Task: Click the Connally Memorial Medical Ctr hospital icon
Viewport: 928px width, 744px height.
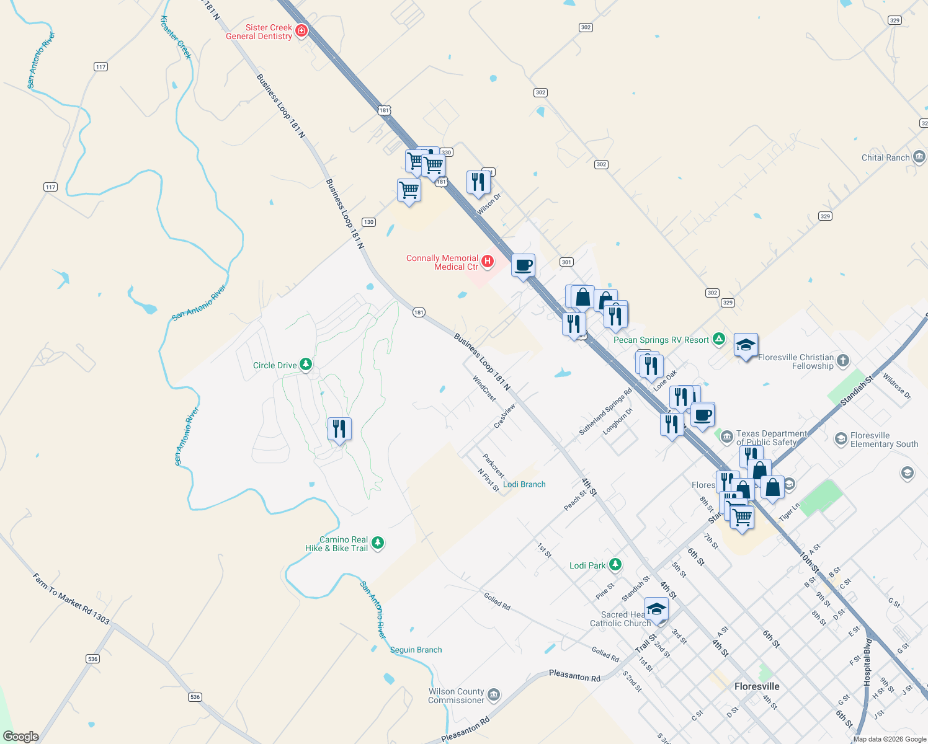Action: [x=488, y=262]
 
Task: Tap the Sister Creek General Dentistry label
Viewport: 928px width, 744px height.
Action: [x=259, y=32]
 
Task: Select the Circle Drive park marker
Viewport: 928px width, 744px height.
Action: [x=306, y=365]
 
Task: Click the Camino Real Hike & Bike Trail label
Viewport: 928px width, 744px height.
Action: [x=337, y=544]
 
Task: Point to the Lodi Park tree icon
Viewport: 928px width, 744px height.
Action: [x=615, y=565]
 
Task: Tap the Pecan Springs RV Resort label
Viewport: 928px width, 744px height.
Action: [x=661, y=340]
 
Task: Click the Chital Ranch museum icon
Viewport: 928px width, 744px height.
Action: [x=919, y=157]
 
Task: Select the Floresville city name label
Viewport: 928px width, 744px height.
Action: [x=757, y=686]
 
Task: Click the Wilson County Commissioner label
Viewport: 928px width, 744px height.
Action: [x=456, y=696]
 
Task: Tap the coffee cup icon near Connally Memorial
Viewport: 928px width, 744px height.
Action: [x=523, y=266]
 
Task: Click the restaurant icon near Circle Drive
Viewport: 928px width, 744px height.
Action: [x=339, y=428]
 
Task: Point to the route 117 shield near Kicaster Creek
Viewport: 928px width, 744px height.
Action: [x=100, y=66]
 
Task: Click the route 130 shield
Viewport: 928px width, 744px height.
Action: [x=368, y=222]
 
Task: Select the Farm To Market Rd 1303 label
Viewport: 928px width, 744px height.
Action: [x=71, y=599]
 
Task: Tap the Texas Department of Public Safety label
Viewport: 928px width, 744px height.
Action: [x=771, y=438]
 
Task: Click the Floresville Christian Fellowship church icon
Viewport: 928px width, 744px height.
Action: [x=842, y=360]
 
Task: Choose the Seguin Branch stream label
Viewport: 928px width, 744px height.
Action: [x=416, y=650]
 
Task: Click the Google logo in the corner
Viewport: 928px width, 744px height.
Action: [x=21, y=736]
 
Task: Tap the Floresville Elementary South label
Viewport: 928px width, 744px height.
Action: [x=884, y=440]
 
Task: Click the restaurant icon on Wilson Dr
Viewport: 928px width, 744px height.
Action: [x=478, y=182]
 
